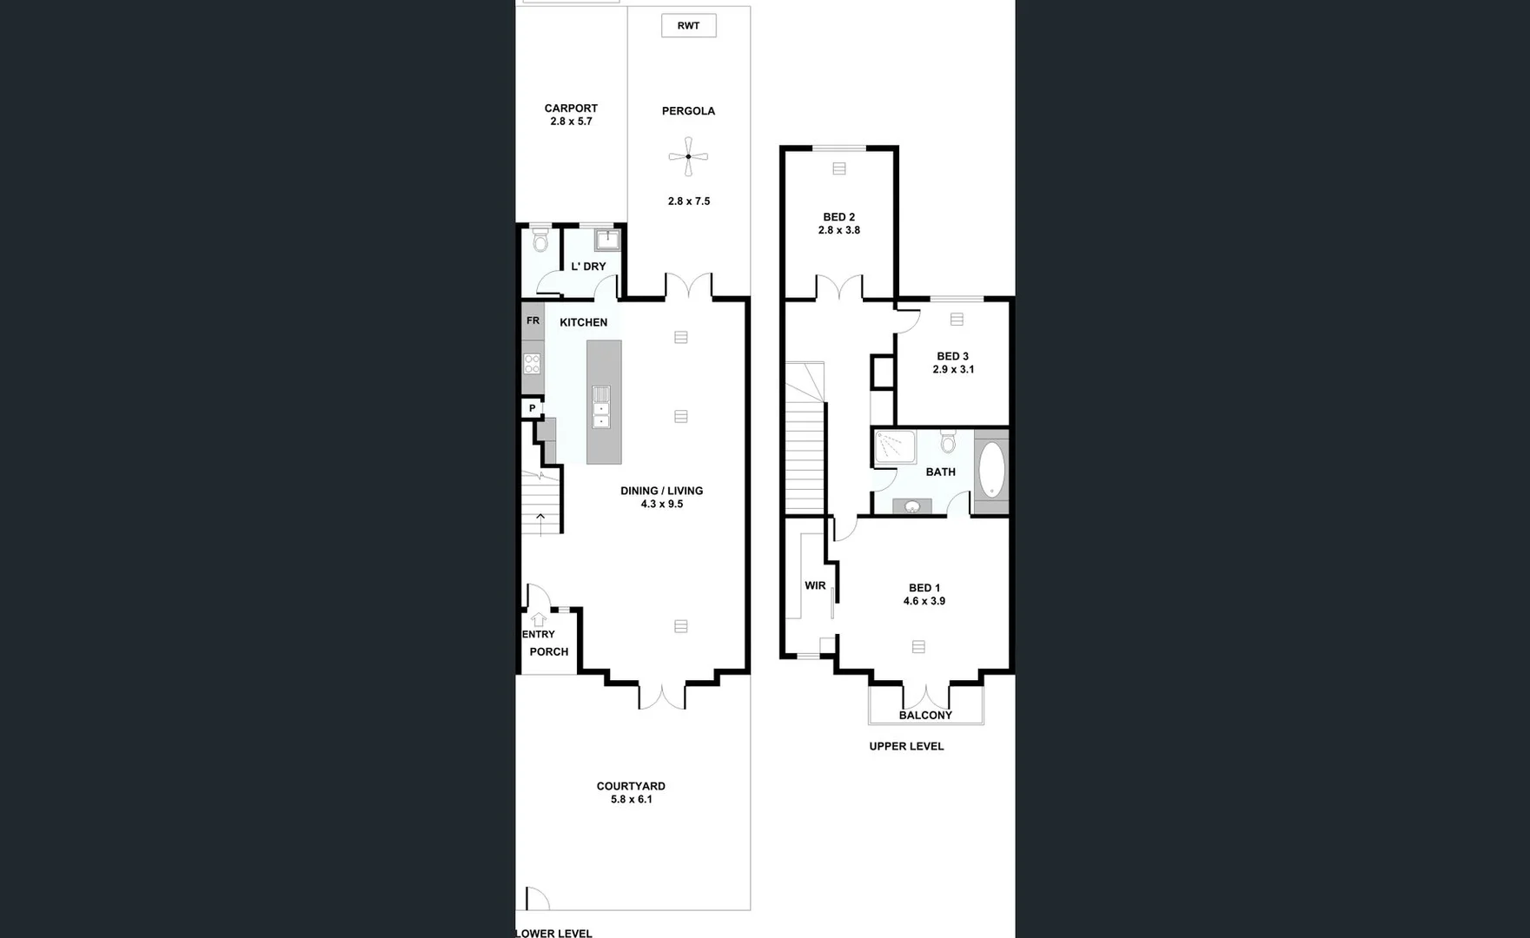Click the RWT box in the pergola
click(x=688, y=25)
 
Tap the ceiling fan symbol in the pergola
click(x=688, y=157)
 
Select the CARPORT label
click(x=571, y=109)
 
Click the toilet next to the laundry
click(x=540, y=239)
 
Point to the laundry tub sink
click(x=606, y=239)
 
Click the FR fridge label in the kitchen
click(x=533, y=320)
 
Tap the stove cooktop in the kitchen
click(x=532, y=363)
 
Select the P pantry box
click(x=532, y=408)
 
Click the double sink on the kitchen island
click(x=601, y=406)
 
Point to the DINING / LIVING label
click(x=661, y=491)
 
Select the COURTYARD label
click(x=631, y=786)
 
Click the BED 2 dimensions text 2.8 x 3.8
click(x=839, y=230)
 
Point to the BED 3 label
click(x=952, y=356)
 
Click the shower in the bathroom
click(x=895, y=446)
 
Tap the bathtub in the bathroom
click(x=991, y=470)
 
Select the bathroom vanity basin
click(x=912, y=506)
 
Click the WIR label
click(x=815, y=585)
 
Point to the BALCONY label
click(x=925, y=715)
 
